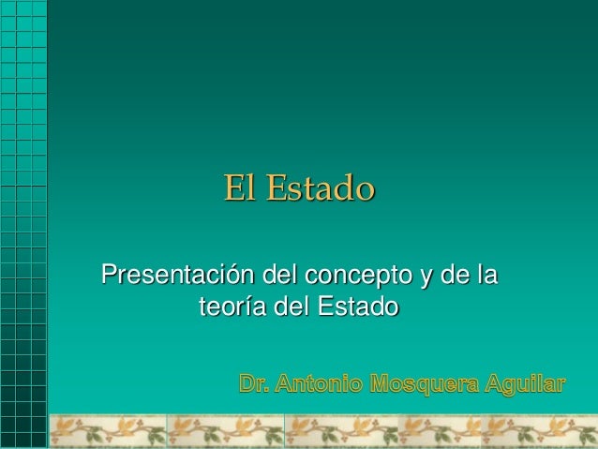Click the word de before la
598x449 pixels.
[x=456, y=277]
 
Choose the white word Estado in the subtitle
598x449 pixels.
[x=358, y=307]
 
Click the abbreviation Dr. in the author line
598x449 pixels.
[x=255, y=383]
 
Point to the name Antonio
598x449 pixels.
[x=319, y=383]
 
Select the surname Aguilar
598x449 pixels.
[x=526, y=384]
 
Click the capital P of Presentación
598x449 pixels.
[x=110, y=277]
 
